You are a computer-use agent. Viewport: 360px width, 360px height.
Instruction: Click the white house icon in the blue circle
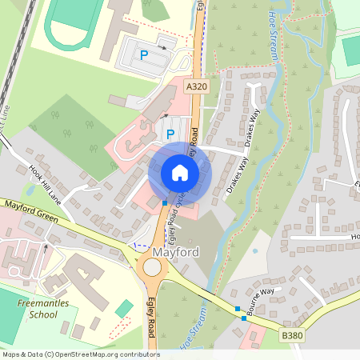[x=180, y=173]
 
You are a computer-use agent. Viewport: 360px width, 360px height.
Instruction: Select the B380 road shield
[x=292, y=338]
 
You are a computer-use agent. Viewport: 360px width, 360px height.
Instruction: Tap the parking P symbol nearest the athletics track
[x=144, y=55]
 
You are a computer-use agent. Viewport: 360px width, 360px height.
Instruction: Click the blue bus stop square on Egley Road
[x=165, y=203]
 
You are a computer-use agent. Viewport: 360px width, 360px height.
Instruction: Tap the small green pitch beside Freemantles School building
[x=124, y=308]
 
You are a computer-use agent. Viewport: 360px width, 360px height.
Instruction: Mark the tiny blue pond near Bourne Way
[x=255, y=250]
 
